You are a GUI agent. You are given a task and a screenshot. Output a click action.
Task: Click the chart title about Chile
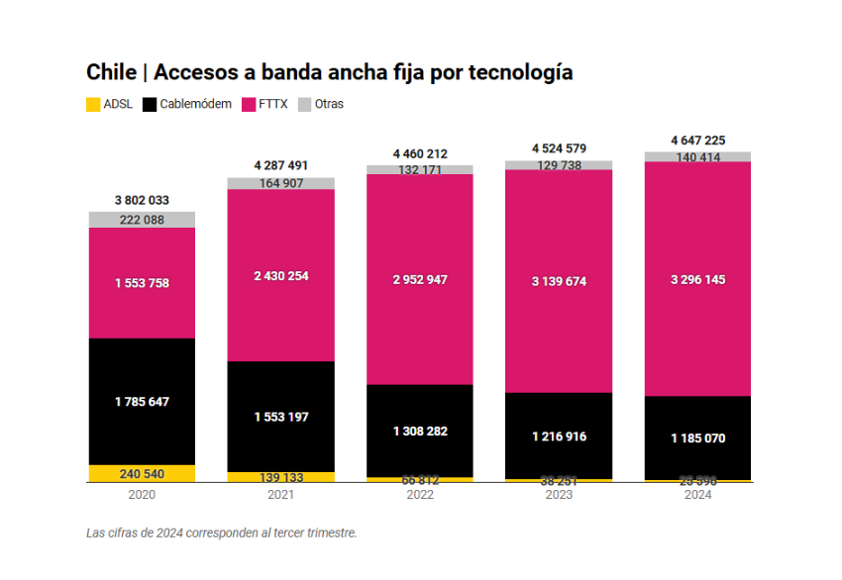(329, 72)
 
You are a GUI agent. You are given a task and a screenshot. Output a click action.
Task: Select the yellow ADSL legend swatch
(94, 103)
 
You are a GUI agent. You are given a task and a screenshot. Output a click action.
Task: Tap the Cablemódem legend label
(196, 103)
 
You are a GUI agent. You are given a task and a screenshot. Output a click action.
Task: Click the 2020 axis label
(142, 495)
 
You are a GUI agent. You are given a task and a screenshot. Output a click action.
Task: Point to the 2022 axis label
(420, 495)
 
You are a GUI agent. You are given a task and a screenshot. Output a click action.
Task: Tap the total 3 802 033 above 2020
(142, 200)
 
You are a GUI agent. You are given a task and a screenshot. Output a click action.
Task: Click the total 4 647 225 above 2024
(697, 141)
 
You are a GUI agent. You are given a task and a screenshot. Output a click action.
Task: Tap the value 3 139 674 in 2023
(559, 281)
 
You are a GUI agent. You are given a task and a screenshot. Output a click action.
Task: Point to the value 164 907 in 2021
(281, 183)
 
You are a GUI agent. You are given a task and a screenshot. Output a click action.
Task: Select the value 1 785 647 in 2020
(142, 401)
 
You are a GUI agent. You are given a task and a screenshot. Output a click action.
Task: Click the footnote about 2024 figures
(221, 532)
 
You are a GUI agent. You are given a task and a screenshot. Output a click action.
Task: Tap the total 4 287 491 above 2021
(281, 166)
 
